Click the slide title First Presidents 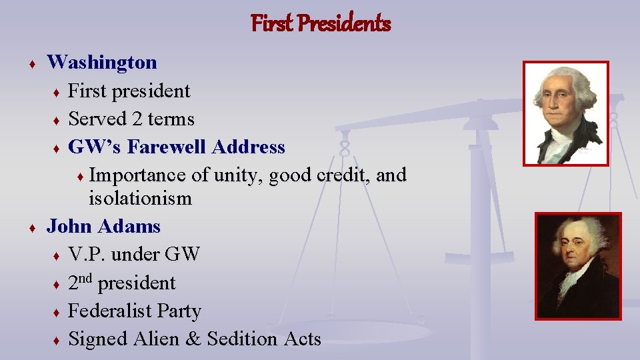(x=321, y=24)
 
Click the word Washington (x=102, y=63)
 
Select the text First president (x=129, y=91)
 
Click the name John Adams (x=103, y=227)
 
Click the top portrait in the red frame (x=565, y=112)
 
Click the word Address (x=251, y=147)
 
